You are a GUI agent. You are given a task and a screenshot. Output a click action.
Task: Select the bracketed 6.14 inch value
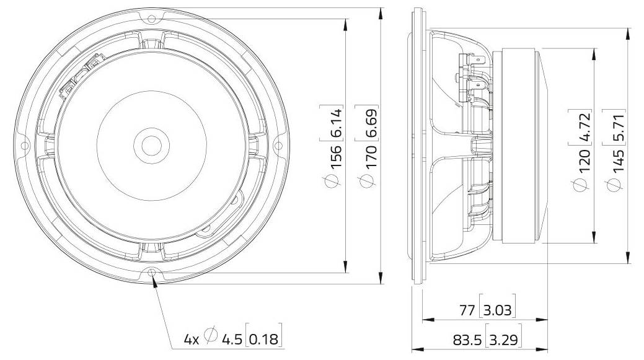[335, 123]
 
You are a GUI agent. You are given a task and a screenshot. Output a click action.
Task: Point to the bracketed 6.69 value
[371, 123]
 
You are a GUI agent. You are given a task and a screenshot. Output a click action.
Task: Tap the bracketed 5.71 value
[618, 127]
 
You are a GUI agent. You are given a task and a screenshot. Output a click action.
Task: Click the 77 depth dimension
[467, 310]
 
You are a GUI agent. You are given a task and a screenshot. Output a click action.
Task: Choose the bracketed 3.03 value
[498, 310]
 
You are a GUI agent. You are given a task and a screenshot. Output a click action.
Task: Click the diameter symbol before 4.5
[211, 336]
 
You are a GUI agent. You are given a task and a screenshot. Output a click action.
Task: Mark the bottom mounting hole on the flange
[152, 273]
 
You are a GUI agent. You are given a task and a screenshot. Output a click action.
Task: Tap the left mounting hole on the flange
[25, 146]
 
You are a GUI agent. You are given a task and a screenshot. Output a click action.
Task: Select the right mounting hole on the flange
[278, 146]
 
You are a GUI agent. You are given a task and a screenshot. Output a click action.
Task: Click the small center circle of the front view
[149, 146]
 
